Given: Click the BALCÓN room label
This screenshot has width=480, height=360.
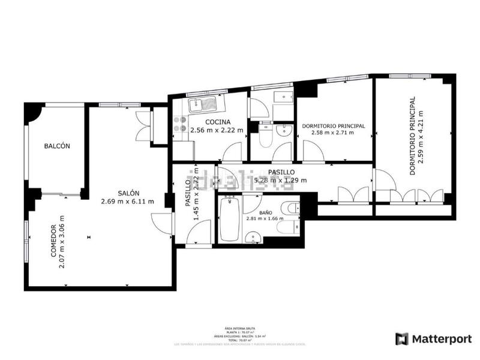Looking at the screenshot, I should click(57, 146).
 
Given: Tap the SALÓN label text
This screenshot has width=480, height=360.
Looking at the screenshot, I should click(128, 193).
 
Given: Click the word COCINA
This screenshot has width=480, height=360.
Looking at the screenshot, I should click(209, 122).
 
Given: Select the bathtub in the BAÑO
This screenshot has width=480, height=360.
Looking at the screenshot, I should click(229, 220).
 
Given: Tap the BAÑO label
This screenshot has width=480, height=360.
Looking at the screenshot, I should click(266, 212).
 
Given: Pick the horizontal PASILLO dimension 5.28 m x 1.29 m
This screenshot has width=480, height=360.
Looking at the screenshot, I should click(281, 180).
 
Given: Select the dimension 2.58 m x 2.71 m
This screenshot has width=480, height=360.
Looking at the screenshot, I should click(332, 133).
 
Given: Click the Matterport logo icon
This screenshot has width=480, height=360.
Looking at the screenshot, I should click(401, 339).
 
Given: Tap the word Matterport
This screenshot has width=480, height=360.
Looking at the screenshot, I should click(441, 339).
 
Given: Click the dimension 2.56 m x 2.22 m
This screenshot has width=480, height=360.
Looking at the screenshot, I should click(217, 130).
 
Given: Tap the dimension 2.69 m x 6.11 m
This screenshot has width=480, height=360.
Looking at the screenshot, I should click(127, 201).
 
